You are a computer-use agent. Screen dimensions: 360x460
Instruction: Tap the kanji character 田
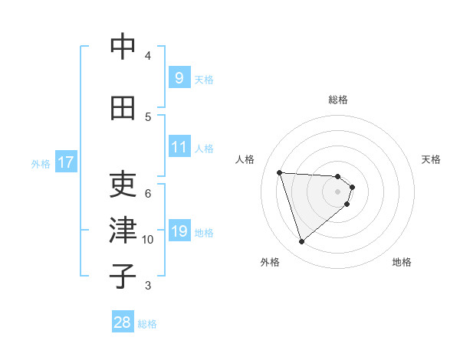(x=123, y=108)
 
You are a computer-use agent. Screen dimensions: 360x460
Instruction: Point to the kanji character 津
(x=123, y=230)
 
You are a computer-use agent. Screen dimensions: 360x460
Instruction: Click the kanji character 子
(x=123, y=276)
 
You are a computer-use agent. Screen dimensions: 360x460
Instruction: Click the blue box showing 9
(x=179, y=77)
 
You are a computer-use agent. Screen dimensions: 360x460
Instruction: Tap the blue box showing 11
(x=179, y=147)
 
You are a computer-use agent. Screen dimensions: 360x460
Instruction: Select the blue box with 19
(x=179, y=231)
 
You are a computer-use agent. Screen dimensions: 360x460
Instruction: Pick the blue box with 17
(x=65, y=162)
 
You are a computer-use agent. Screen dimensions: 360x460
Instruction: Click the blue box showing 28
(x=123, y=322)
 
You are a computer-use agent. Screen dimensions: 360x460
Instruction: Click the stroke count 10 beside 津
(x=148, y=240)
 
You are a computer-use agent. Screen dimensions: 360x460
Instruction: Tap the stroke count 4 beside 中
(x=148, y=55)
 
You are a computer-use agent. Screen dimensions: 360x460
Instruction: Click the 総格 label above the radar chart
(x=338, y=100)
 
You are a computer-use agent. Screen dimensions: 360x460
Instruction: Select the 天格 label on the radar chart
(x=431, y=159)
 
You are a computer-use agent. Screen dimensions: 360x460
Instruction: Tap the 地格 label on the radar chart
(x=402, y=262)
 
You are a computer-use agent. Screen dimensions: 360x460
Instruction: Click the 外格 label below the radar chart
(x=270, y=262)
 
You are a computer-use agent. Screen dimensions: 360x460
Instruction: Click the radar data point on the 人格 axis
(x=279, y=172)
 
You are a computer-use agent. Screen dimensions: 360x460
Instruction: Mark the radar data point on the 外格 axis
(x=301, y=242)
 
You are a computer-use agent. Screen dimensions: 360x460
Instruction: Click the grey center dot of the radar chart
(x=337, y=201)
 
